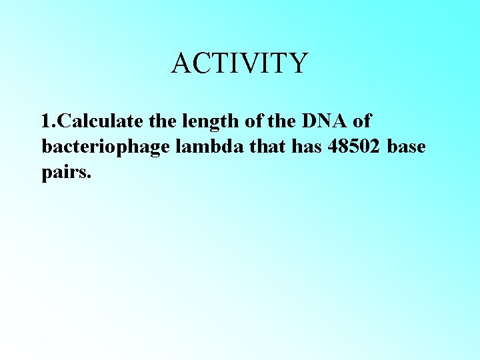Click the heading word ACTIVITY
point(239,63)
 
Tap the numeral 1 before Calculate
point(45,122)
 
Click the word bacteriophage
point(107,147)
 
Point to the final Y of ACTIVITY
point(298,63)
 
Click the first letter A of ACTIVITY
point(181,63)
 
